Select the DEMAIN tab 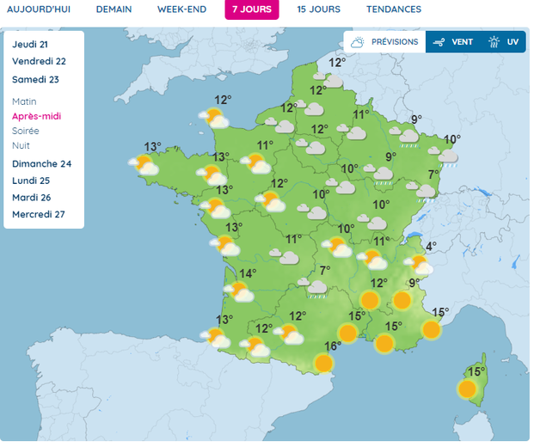[114, 9]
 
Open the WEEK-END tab [181, 9]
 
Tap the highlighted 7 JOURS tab [251, 9]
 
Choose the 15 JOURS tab [318, 9]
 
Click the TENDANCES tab [393, 9]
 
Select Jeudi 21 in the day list [30, 44]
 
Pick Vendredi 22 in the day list [39, 61]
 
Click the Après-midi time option [37, 116]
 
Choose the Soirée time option [26, 131]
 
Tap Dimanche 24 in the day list [41, 163]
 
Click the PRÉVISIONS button [384, 41]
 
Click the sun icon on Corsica [467, 389]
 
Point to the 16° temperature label [332, 346]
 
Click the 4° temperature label [431, 246]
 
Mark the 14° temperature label [248, 273]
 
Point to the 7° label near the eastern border [433, 174]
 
